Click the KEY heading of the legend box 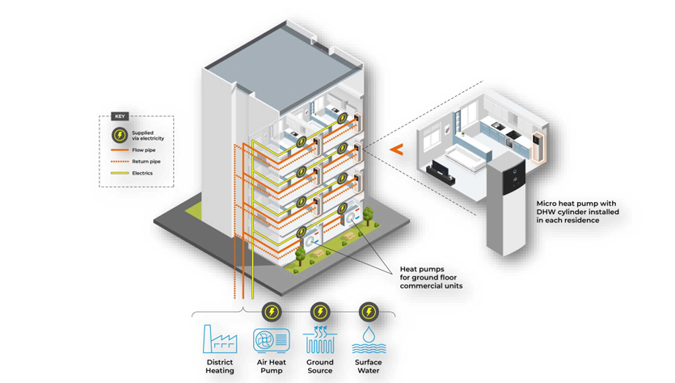pos(120,117)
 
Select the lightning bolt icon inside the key pos(120,135)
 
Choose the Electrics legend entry pos(142,173)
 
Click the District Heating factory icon pos(219,340)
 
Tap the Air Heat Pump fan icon pos(271,340)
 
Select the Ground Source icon pos(319,340)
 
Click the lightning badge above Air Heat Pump pos(272,312)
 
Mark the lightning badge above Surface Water pos(369,312)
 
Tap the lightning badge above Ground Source pos(320,312)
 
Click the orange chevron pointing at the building pos(396,149)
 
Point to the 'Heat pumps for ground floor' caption pos(432,277)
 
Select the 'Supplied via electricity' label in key pos(148,136)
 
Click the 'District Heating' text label pos(220,366)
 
